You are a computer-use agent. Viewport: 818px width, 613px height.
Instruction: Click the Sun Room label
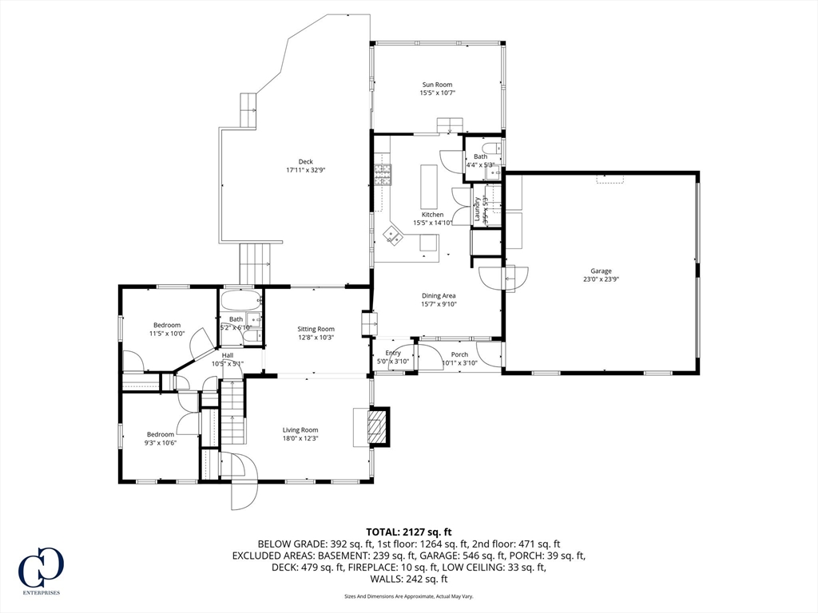click(437, 84)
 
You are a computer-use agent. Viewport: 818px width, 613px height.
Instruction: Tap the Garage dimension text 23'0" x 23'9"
click(601, 280)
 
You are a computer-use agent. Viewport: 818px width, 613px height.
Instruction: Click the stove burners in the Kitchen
click(383, 174)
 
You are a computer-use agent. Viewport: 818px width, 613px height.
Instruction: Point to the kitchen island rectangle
click(429, 186)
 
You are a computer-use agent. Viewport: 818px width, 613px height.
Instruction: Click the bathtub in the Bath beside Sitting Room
click(240, 303)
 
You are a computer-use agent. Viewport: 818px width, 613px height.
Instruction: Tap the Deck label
click(305, 161)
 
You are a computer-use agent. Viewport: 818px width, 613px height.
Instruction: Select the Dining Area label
click(438, 295)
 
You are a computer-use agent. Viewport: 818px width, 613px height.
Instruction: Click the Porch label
click(459, 354)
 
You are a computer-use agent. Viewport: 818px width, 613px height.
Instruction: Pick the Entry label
click(393, 353)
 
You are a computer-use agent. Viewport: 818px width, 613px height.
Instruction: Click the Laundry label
click(478, 208)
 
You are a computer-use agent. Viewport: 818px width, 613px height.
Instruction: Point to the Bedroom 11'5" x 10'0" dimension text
click(167, 334)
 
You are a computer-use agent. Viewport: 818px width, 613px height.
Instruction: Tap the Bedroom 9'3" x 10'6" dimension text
click(160, 443)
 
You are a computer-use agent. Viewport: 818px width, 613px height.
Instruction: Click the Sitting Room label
click(316, 329)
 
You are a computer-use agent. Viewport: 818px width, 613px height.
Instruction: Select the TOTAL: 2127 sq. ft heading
click(409, 532)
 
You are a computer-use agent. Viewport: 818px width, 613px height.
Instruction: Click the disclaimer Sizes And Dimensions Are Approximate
click(409, 596)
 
